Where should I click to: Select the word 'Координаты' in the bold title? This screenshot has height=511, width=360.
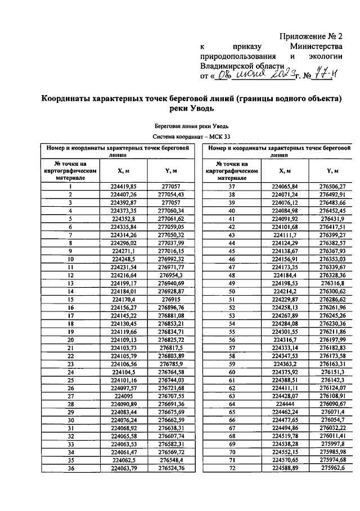click(71, 99)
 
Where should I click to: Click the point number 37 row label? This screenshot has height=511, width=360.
click(231, 186)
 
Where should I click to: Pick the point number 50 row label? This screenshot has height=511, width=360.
click(231, 292)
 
